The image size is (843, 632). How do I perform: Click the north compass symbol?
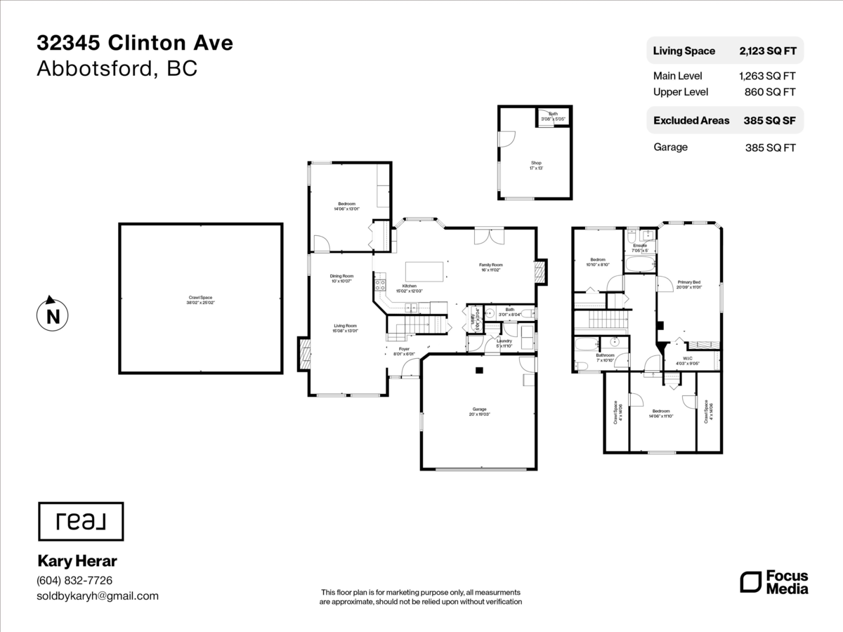point(52,315)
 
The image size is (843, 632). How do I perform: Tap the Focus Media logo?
point(774,582)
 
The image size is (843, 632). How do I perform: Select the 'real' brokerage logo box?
point(80,522)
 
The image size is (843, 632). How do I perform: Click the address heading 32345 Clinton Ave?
point(135,44)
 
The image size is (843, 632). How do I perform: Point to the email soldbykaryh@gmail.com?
point(98,596)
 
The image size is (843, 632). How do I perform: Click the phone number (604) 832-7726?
point(74,581)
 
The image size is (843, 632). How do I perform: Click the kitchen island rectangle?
point(424,271)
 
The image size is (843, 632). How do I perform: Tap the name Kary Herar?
point(77,561)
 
